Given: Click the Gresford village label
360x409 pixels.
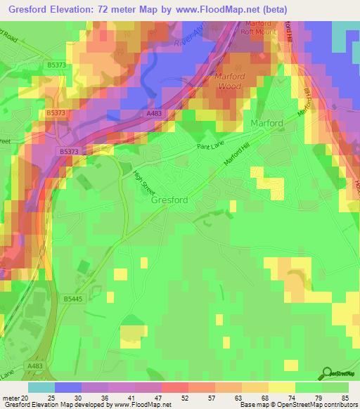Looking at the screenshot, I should pyautogui.click(x=169, y=200).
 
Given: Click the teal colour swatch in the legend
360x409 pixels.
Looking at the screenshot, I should pyautogui.click(x=41, y=387).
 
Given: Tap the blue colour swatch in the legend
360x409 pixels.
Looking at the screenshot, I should pyautogui.click(x=68, y=387).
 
